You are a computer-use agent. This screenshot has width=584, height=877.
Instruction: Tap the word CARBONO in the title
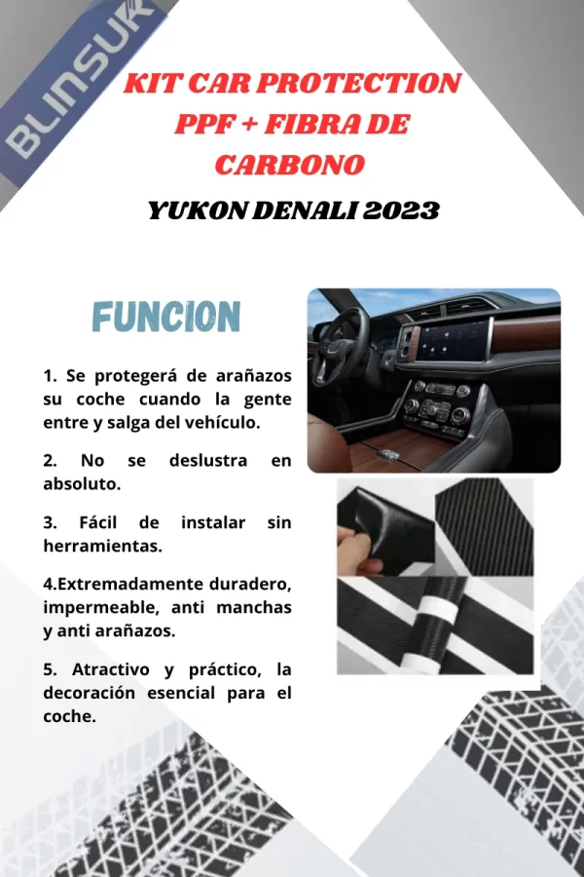(x=289, y=165)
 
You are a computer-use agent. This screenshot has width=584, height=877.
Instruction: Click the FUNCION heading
(x=165, y=317)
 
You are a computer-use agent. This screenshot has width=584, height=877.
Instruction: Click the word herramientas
(x=102, y=547)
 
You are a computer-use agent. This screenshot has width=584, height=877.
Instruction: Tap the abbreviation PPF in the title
(x=209, y=125)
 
